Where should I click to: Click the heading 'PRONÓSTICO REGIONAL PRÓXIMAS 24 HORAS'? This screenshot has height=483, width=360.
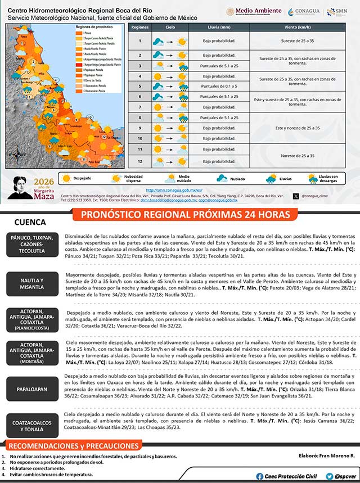coord(186,215)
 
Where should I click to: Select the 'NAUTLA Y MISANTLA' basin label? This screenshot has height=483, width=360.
coord(32,283)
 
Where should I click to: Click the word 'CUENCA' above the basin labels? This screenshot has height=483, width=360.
coord(30,222)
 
